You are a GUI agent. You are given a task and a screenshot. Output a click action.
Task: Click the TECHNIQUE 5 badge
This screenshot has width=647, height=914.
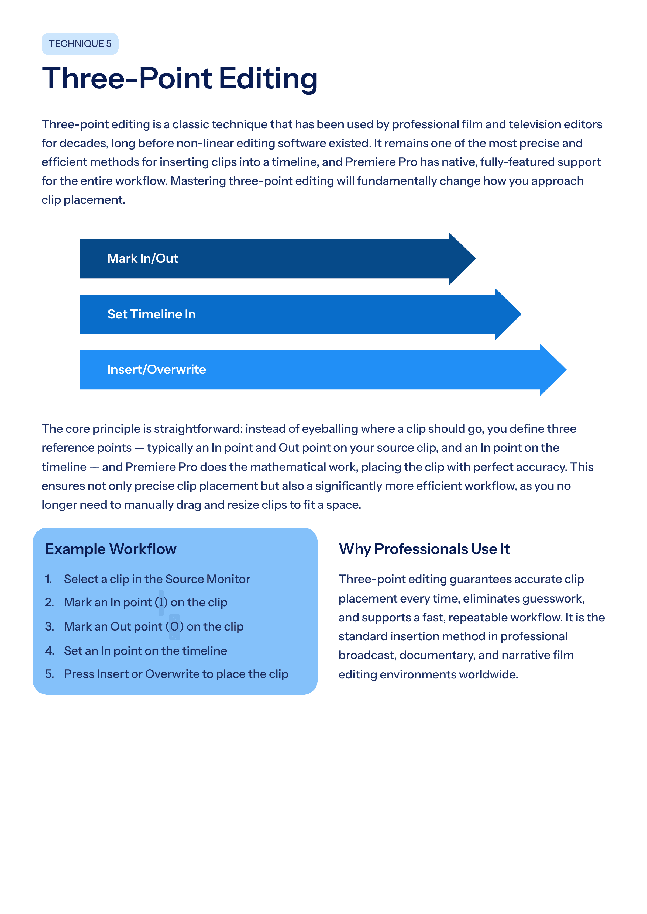point(80,44)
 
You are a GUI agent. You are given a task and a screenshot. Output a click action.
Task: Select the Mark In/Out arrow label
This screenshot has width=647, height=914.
point(143,258)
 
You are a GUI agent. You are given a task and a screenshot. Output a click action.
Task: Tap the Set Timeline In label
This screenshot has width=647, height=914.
point(152,314)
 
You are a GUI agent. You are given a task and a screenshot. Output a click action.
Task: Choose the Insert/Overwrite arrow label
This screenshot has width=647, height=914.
point(157,370)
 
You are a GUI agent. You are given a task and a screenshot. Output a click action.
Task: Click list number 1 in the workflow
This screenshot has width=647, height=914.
point(48,579)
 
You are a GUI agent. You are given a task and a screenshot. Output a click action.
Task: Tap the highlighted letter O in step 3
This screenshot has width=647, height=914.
point(174,626)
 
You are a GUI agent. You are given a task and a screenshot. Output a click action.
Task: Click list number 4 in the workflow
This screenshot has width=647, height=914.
point(49,651)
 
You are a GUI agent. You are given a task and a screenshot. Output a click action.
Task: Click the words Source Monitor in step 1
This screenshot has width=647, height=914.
point(208,579)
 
